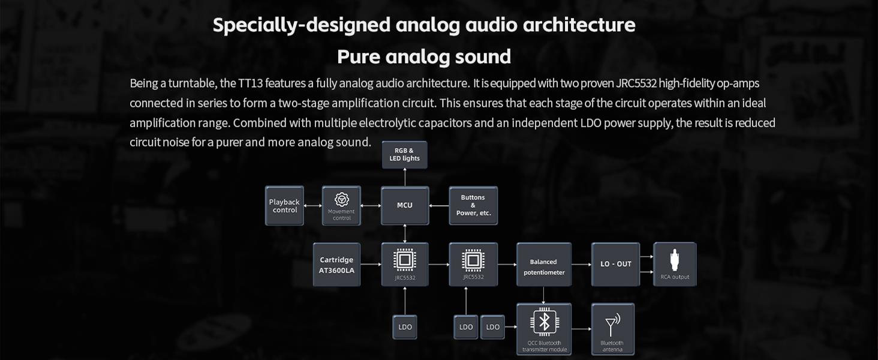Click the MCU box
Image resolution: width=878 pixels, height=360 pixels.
tap(404, 205)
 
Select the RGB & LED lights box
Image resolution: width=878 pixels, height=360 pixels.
tap(404, 155)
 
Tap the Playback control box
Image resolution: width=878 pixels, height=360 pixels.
tap(284, 205)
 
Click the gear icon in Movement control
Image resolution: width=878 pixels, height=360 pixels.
tap(342, 199)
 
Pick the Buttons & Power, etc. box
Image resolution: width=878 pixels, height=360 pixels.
tap(473, 205)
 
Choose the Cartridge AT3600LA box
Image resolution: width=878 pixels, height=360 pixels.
tap(336, 265)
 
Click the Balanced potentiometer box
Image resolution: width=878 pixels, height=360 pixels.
tap(544, 265)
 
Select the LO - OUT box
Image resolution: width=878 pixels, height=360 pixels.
tap(615, 265)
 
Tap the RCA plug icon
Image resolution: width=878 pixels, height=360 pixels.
tap(674, 260)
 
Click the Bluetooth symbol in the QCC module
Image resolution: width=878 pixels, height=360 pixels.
tap(544, 322)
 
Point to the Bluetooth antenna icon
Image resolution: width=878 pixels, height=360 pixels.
tap(612, 325)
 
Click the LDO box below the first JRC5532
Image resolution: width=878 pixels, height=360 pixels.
tap(405, 327)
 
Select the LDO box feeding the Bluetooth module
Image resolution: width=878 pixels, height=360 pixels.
tap(493, 327)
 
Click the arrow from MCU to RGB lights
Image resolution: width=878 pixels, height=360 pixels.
tap(405, 177)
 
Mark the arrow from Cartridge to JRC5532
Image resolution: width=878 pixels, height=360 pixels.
tap(371, 265)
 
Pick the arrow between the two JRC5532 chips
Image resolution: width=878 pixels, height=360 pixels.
tap(439, 265)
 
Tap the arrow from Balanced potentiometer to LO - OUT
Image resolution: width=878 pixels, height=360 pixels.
tap(581, 265)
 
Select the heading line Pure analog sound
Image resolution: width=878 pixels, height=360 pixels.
tap(424, 56)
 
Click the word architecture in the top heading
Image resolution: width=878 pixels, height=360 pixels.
tap(579, 25)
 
